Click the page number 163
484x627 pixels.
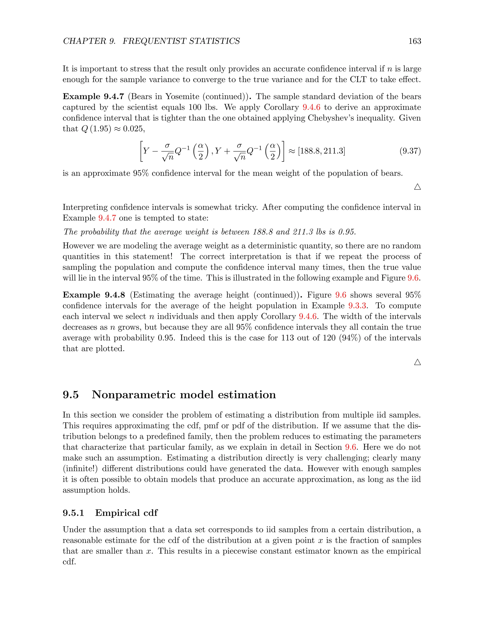coord(415,41)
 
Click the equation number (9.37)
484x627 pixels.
coord(410,151)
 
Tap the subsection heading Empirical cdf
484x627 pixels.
coord(126,513)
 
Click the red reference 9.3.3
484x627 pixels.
coord(357,305)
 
